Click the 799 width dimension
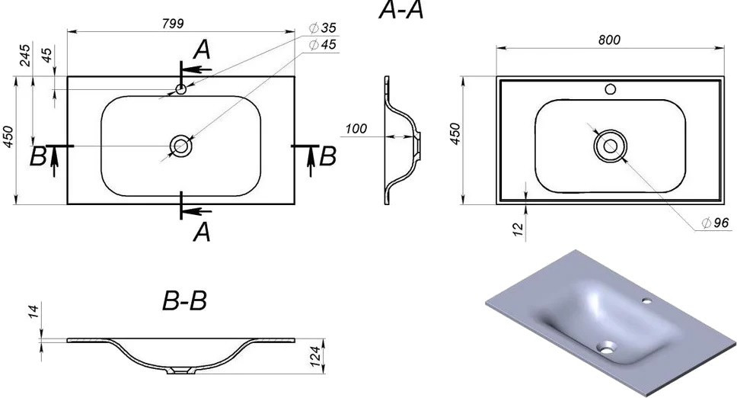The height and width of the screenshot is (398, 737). pos(173,24)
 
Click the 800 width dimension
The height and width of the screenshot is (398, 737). pos(609,40)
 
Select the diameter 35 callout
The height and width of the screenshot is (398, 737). pos(323,27)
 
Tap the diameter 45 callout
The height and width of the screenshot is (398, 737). pos(323,45)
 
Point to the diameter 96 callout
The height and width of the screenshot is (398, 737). pos(715,223)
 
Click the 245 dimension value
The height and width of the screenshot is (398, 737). pos(25,56)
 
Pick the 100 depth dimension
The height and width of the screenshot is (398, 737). pos(356,128)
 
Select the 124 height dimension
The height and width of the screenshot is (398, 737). pos(315,357)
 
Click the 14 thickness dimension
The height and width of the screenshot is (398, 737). pos(33,311)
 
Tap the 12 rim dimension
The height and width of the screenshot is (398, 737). pos(517,229)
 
